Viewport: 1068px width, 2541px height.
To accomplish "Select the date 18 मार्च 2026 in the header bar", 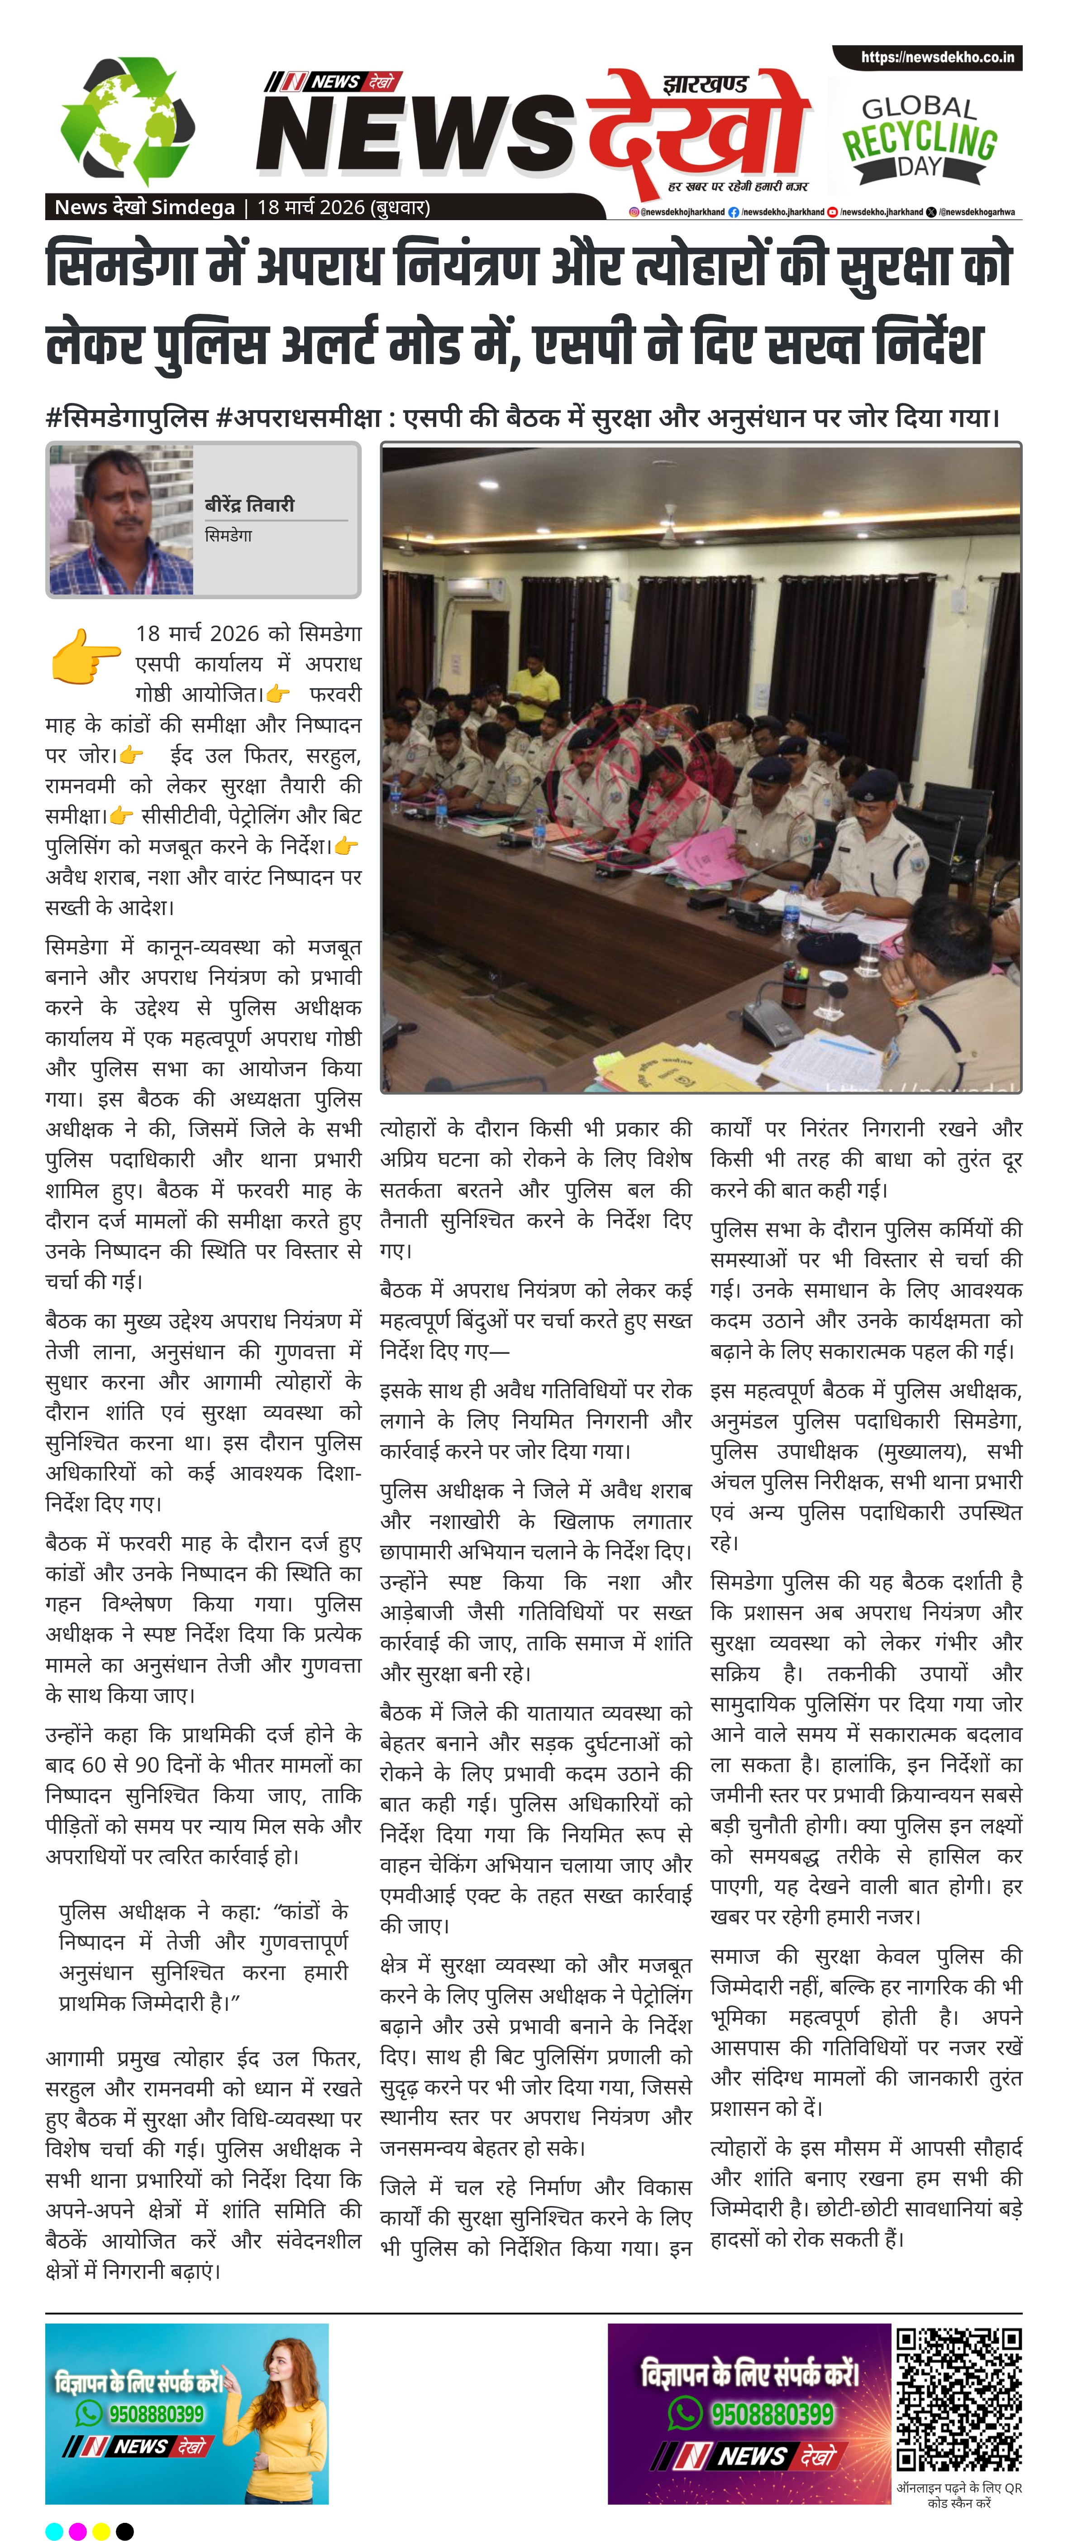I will (342, 207).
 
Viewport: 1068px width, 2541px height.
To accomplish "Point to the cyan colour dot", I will (54, 2530).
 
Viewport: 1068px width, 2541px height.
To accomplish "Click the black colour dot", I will (125, 2530).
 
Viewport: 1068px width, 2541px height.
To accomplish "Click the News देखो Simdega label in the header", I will (144, 207).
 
